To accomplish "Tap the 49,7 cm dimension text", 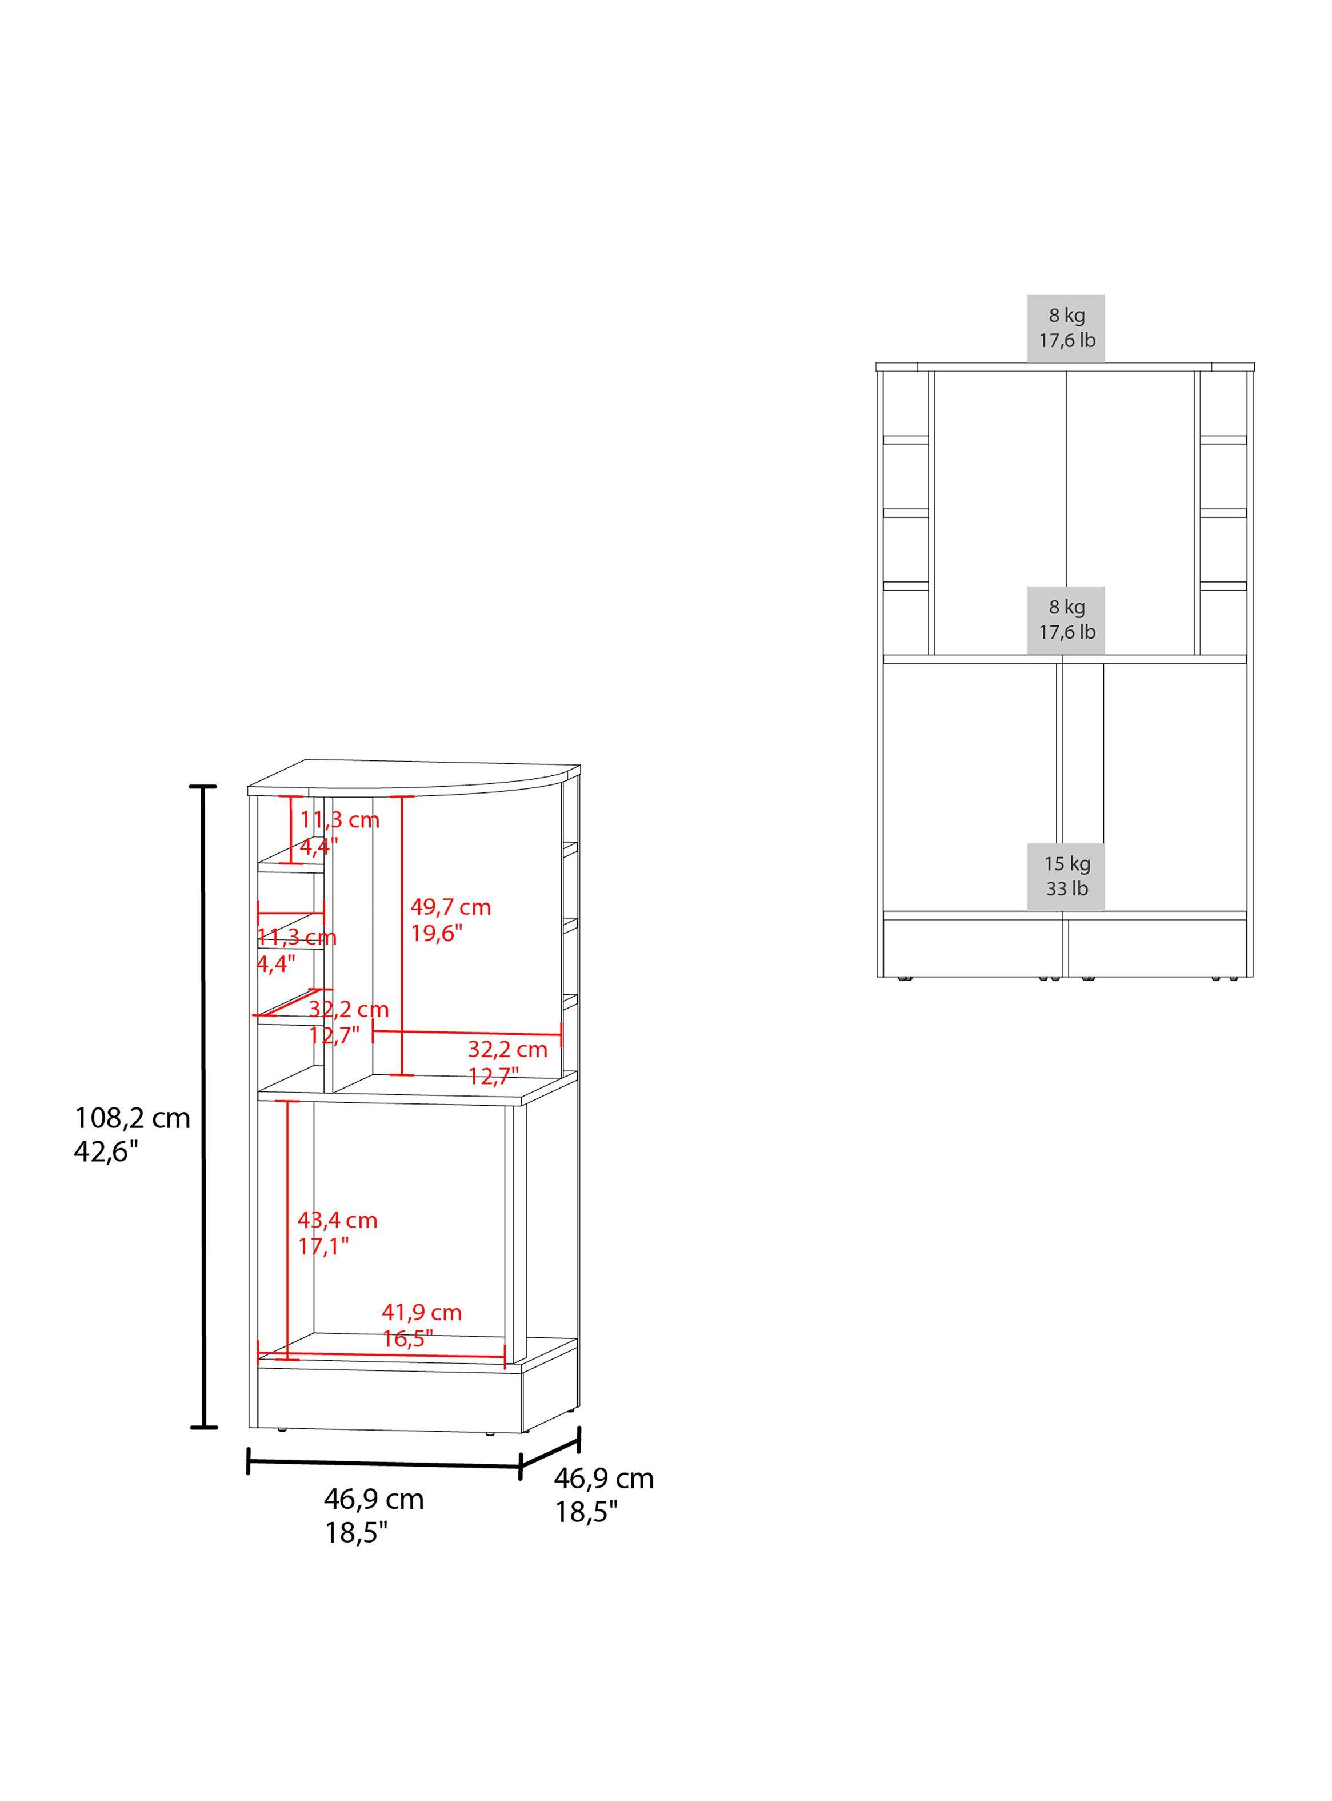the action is (451, 907).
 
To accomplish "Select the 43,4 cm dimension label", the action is (337, 1220).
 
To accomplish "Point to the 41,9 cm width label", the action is (422, 1312).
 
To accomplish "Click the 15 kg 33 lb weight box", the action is (1066, 876).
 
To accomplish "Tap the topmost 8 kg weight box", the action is (1066, 328).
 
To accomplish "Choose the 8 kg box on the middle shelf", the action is (1066, 619).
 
